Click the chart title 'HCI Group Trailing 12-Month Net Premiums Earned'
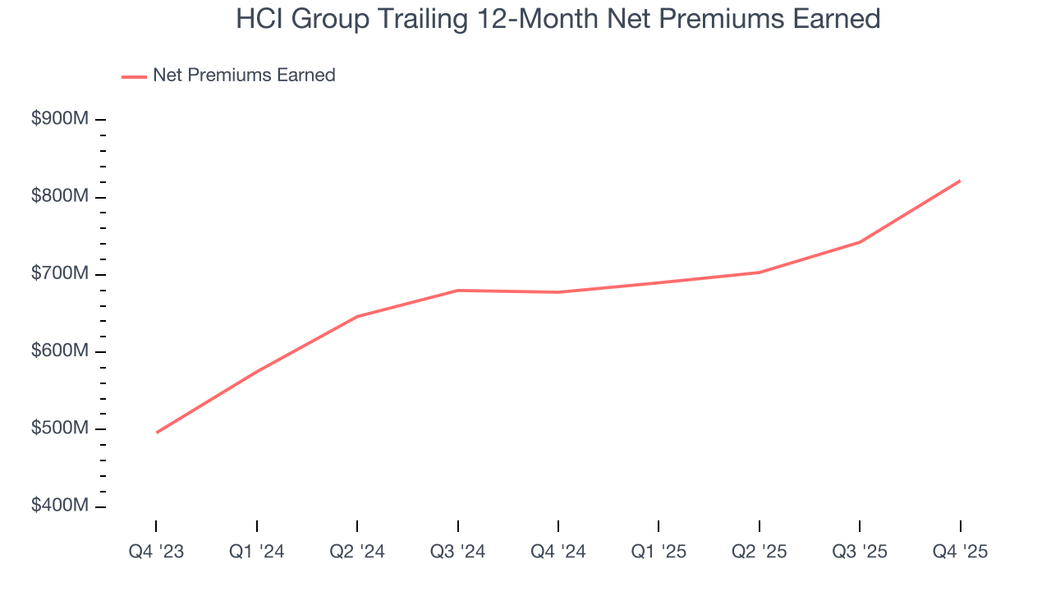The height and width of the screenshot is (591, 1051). (558, 19)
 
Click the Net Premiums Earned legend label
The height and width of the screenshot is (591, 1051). (244, 76)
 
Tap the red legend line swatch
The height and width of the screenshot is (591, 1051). (134, 76)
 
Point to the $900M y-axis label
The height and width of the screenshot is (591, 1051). (60, 119)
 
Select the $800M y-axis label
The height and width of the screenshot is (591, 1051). (60, 196)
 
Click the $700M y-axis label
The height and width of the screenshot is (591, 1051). (60, 273)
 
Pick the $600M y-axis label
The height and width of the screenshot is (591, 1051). (60, 350)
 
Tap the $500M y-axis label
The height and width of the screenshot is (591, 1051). (60, 428)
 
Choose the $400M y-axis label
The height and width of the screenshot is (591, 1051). (60, 506)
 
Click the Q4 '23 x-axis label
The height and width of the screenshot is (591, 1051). (156, 552)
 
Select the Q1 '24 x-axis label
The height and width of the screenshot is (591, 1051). (257, 552)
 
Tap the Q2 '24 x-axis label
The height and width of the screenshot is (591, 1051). (357, 552)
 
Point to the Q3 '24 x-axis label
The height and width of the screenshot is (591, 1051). (458, 552)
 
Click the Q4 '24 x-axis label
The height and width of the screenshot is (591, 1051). (558, 552)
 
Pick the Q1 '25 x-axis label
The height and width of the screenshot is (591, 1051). (659, 552)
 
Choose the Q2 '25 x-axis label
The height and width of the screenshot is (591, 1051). (760, 552)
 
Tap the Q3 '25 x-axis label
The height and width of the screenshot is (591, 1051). (860, 552)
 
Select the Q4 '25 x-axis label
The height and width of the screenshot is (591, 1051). (960, 552)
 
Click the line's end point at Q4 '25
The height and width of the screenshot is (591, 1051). (960, 181)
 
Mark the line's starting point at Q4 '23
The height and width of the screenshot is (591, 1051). (156, 433)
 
